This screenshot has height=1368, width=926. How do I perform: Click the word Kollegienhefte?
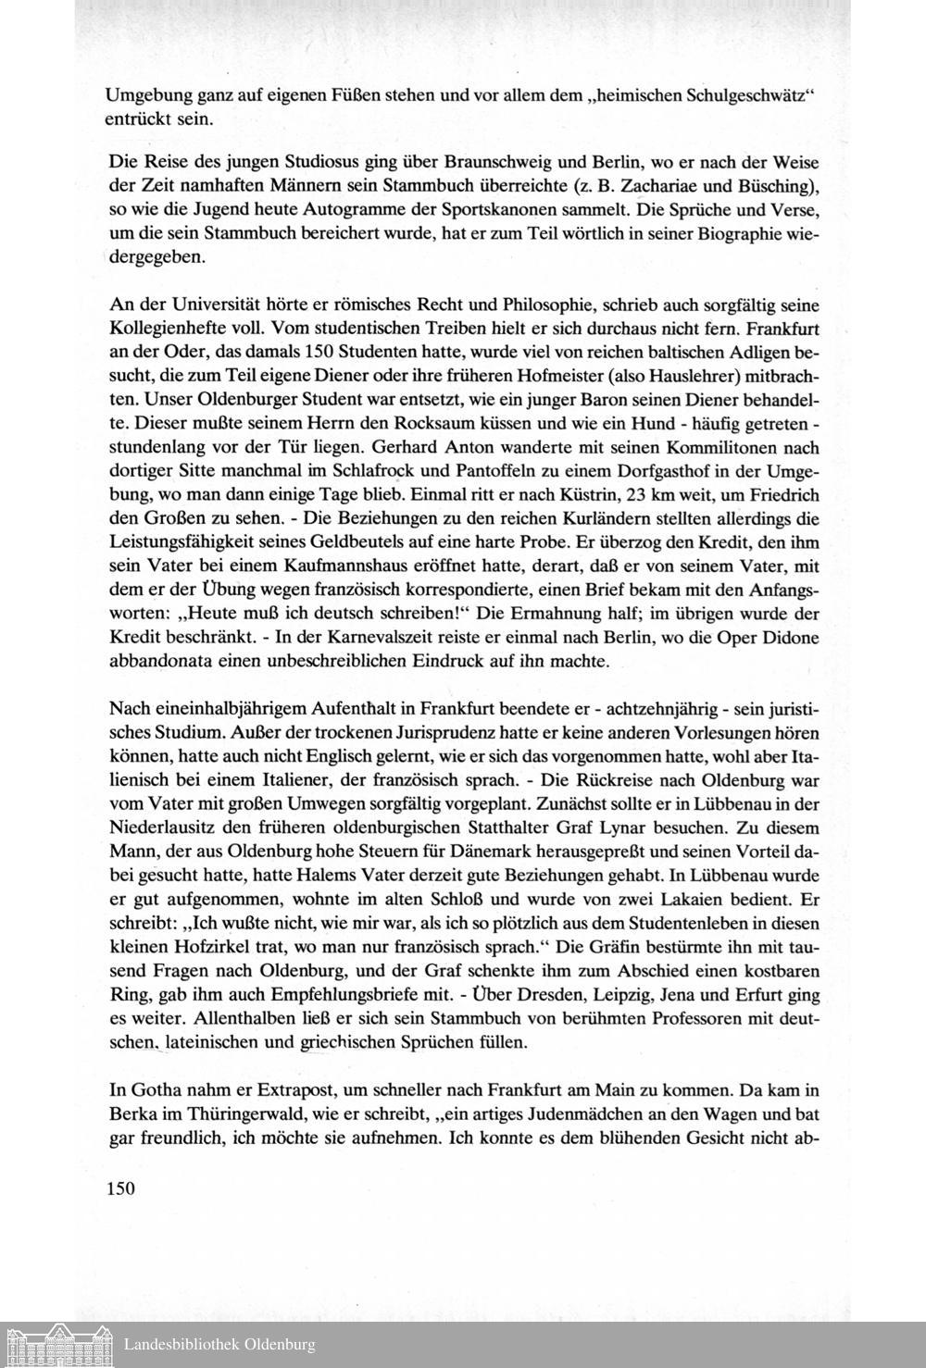(x=165, y=329)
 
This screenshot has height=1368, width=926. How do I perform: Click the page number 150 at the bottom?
(x=121, y=1188)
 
